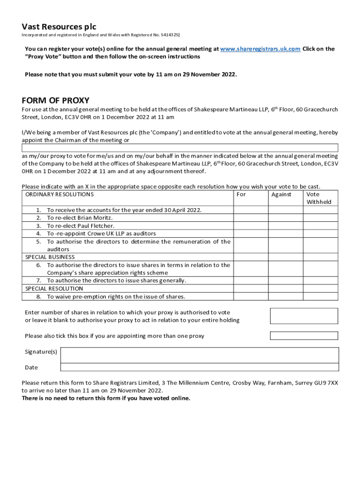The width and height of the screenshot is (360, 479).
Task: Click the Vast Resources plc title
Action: pos(59,27)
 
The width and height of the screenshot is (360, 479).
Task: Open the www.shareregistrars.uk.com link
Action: pos(260,49)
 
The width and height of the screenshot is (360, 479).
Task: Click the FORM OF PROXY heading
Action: pos(56,101)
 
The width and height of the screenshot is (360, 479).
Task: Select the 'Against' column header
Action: pos(281,194)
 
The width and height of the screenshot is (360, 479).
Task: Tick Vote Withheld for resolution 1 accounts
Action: pos(320,210)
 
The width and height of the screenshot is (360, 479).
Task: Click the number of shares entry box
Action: pos(304,316)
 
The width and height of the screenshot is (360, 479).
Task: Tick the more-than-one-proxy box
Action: pos(304,336)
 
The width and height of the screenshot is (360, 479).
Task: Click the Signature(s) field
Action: pos(199,354)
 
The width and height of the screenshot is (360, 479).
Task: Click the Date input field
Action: pos(199,368)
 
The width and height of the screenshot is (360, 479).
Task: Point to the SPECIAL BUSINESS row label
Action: pos(50,257)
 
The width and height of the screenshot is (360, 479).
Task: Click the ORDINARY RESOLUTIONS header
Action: pos(59,194)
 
